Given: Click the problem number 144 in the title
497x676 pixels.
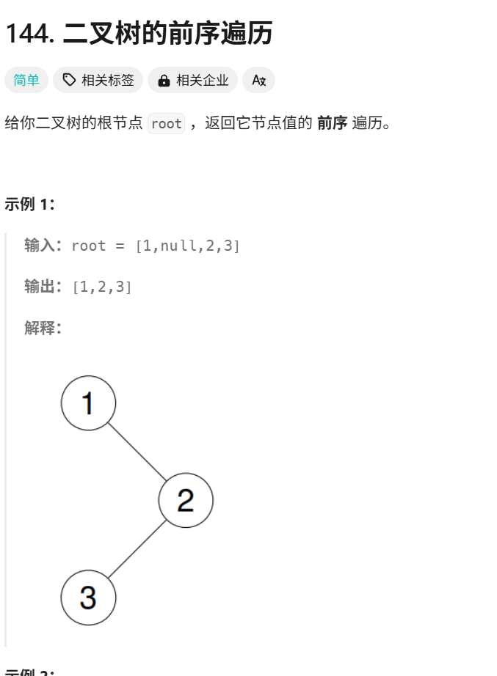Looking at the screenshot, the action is [29, 34].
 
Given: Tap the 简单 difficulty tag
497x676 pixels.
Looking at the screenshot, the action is [26, 80].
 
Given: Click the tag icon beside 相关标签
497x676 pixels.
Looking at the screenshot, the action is [69, 80].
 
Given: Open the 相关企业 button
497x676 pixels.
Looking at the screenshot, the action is [192, 80].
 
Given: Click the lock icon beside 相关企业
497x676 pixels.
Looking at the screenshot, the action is [164, 80].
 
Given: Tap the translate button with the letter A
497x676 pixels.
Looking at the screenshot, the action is [258, 80].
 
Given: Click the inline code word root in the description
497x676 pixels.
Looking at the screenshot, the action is [166, 124].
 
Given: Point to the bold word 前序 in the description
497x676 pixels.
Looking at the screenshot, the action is [332, 123].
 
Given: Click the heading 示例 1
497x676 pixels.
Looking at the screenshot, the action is [30, 204].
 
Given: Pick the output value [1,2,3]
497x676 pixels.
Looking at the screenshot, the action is [102, 287].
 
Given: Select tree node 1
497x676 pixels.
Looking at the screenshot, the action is [88, 403].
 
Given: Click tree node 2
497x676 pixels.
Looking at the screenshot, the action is [186, 500].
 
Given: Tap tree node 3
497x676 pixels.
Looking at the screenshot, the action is [88, 598].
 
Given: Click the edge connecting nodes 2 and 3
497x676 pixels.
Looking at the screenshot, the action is [137, 549].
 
